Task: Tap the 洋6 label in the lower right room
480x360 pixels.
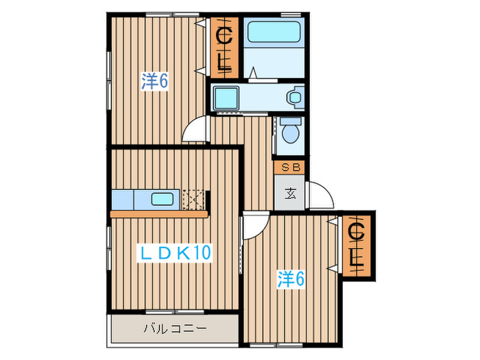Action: pos(290,278)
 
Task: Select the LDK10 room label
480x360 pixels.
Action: pos(175,253)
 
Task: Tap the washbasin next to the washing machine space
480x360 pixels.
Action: pos(296,97)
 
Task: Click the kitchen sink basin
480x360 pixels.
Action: pos(163,200)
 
